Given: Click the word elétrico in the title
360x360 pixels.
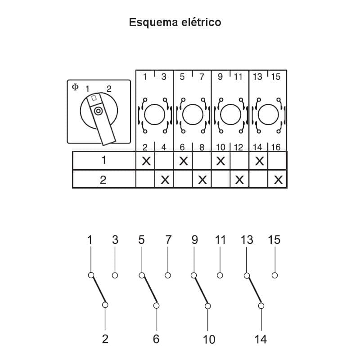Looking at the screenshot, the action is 201,22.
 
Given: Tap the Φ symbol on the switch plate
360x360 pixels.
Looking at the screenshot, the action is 75,87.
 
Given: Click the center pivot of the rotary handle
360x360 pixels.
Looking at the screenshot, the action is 98,111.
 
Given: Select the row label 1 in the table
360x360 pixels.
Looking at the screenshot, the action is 104,160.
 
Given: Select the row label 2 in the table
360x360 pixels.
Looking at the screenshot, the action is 103,180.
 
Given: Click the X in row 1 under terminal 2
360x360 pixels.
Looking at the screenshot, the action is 146,161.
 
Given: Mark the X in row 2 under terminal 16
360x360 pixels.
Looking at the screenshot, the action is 278,180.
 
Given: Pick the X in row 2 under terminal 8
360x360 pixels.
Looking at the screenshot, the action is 202,180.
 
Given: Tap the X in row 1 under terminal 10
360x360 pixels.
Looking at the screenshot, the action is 220,161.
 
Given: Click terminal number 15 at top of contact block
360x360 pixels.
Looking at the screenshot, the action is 276,76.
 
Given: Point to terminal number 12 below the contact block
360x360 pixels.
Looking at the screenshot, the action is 238,147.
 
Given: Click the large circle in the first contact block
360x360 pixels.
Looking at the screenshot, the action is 154,114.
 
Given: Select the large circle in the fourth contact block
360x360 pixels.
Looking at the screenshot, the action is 268,114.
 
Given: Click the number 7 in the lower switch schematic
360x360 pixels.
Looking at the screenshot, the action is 168,240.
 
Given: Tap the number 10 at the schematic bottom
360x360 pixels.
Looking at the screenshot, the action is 209,339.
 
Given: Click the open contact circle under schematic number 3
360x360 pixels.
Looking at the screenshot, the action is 115,275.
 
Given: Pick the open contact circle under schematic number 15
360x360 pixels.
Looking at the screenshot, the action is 274,275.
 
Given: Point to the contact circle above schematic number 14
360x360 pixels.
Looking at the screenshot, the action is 261,306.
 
